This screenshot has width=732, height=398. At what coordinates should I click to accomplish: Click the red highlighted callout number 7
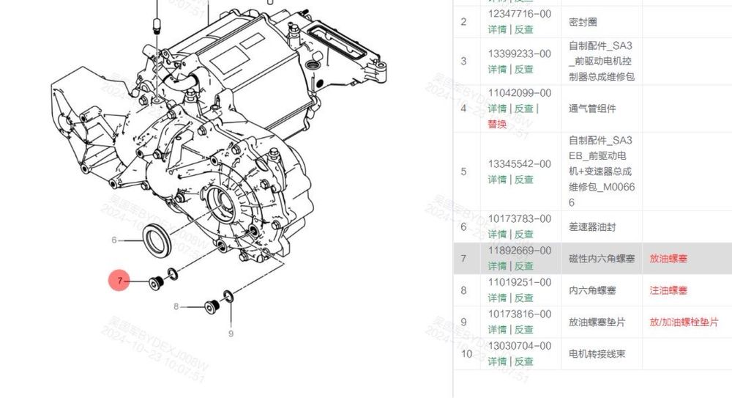click(x=119, y=281)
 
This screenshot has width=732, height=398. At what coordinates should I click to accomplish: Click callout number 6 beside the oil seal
click(x=114, y=240)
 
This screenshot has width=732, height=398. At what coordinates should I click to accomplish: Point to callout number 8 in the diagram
click(x=176, y=306)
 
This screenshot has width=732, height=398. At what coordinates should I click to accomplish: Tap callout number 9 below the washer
click(x=231, y=333)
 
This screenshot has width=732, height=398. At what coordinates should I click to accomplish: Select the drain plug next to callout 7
click(x=155, y=281)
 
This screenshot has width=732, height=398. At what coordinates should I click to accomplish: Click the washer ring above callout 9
click(x=228, y=295)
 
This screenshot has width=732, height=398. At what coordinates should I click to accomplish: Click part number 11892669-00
click(x=519, y=250)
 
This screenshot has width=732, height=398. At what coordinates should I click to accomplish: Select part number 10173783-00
click(x=519, y=218)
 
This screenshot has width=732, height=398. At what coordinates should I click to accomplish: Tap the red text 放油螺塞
click(x=668, y=259)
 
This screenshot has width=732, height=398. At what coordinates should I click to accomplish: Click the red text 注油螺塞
click(x=668, y=290)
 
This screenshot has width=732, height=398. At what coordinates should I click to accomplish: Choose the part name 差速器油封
click(x=591, y=227)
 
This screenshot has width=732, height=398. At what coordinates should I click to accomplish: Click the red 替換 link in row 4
click(x=497, y=124)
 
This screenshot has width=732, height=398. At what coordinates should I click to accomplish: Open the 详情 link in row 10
click(x=497, y=361)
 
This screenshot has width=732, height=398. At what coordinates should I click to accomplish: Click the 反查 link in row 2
click(x=523, y=29)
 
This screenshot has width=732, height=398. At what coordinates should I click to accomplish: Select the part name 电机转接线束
click(x=596, y=354)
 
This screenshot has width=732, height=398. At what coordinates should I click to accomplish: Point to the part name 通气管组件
click(x=591, y=108)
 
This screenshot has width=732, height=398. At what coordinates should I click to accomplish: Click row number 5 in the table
click(x=463, y=172)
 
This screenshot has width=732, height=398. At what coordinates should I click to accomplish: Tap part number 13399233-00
click(x=519, y=54)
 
